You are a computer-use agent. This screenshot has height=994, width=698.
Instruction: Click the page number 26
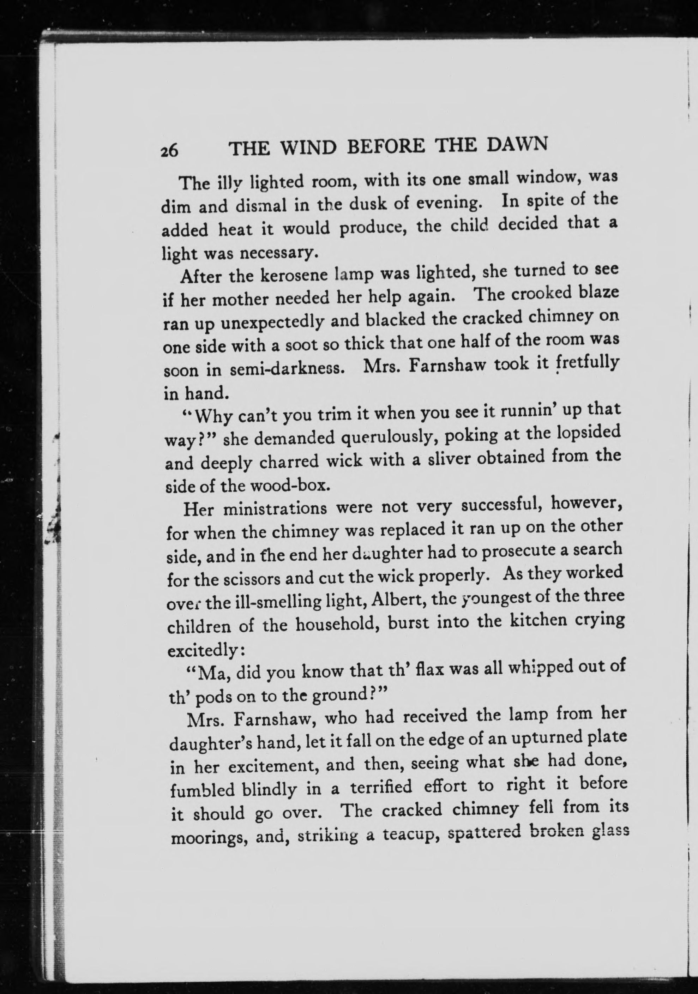(x=169, y=151)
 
